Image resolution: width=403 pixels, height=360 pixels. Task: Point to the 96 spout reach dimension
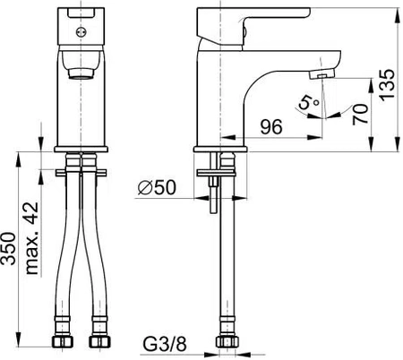pyautogui.click(x=272, y=128)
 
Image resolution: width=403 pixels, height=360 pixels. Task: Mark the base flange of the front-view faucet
pyautogui.click(x=83, y=145)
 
